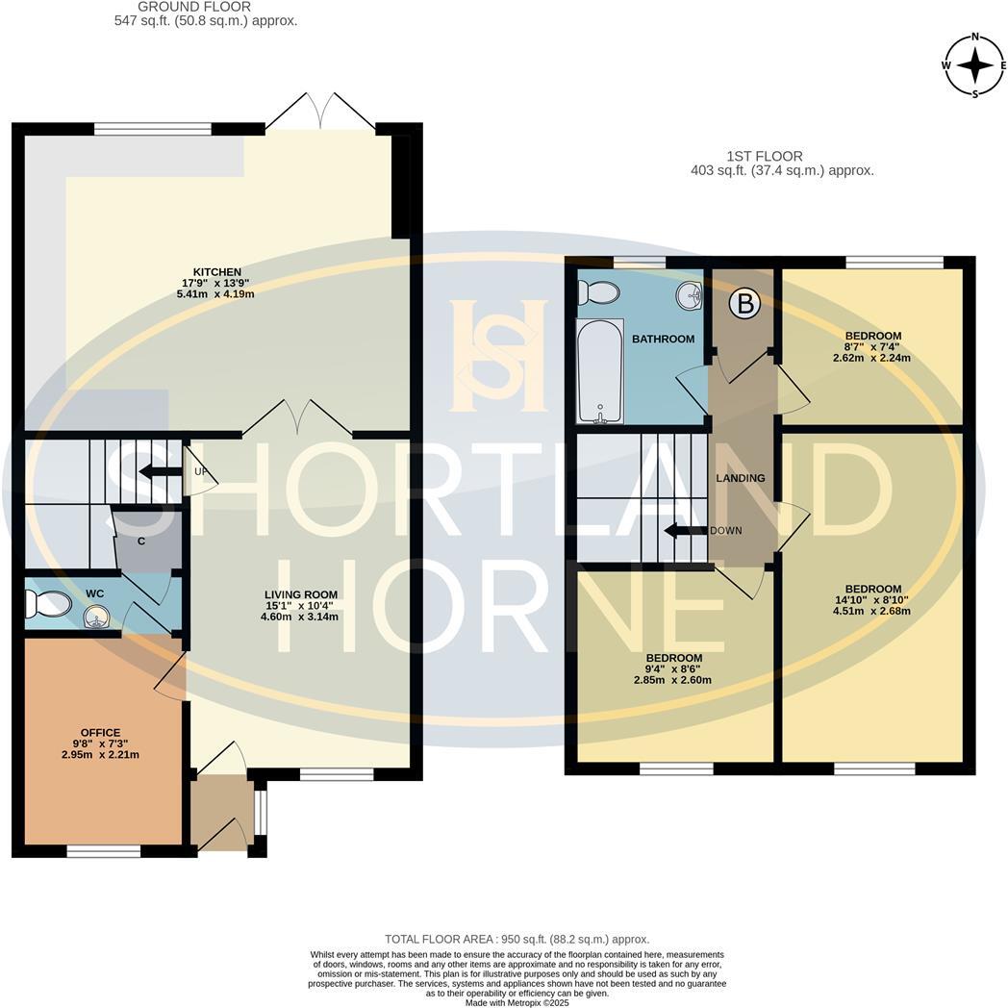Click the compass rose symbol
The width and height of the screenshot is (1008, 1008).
point(975,65)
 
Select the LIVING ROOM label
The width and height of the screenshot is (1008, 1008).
point(301,594)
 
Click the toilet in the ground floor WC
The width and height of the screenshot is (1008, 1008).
point(48,604)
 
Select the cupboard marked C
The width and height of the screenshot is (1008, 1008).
point(141,541)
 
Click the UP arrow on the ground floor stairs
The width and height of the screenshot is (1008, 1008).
point(153,471)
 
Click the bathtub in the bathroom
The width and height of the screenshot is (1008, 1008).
point(599,372)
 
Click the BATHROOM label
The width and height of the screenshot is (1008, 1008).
point(663,339)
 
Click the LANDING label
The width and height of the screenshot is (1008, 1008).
point(741,478)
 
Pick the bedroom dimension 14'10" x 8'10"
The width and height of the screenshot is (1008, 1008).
point(872,599)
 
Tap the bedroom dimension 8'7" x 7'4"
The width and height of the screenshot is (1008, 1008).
point(871,347)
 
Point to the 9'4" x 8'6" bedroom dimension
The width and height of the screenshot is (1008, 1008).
point(672,668)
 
